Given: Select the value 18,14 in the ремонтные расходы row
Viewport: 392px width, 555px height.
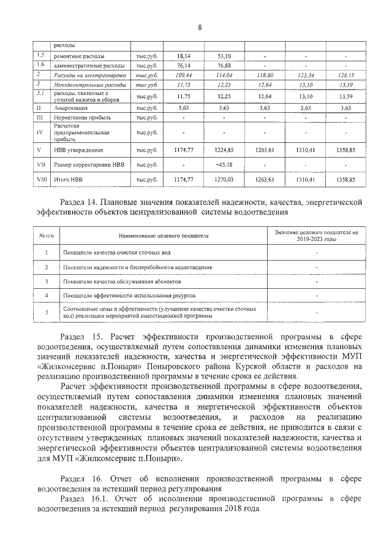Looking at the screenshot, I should coord(184,56).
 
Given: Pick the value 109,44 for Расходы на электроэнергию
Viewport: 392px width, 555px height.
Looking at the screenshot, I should coord(184,74).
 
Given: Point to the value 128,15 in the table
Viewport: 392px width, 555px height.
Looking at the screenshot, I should coord(345,74).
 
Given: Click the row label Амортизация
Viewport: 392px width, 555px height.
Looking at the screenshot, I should coord(69,107).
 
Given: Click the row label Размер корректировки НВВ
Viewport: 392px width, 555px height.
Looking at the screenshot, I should coord(89,164).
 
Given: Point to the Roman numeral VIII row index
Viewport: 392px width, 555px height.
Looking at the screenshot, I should coord(39,180).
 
